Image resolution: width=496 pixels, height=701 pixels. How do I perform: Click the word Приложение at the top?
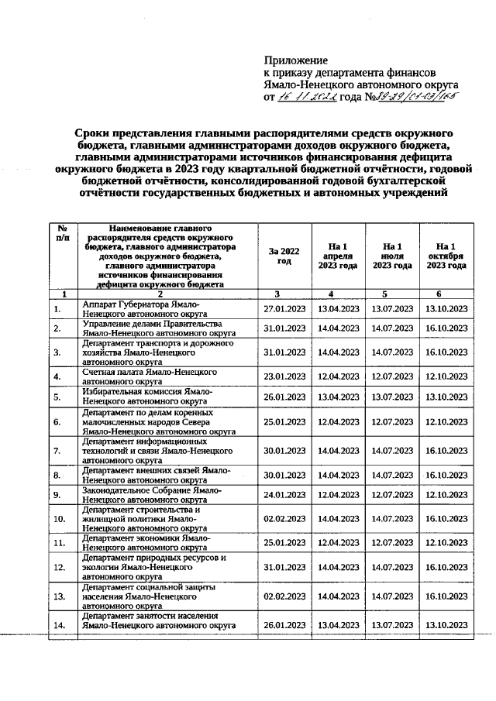[296, 60]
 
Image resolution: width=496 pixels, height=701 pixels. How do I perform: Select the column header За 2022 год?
[284, 256]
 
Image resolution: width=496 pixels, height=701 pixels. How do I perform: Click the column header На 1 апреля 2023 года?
[337, 256]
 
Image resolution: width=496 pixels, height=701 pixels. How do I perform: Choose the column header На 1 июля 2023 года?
[391, 256]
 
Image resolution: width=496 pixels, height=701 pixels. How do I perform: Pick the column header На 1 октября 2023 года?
[446, 256]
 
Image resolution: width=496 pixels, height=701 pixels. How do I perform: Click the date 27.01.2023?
[284, 310]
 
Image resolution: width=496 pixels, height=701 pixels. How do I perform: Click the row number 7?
[57, 450]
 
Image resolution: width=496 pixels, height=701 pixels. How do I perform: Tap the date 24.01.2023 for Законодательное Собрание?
[284, 494]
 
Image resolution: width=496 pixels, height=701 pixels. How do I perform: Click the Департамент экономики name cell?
[146, 543]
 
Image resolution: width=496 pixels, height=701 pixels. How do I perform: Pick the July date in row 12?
[391, 567]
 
